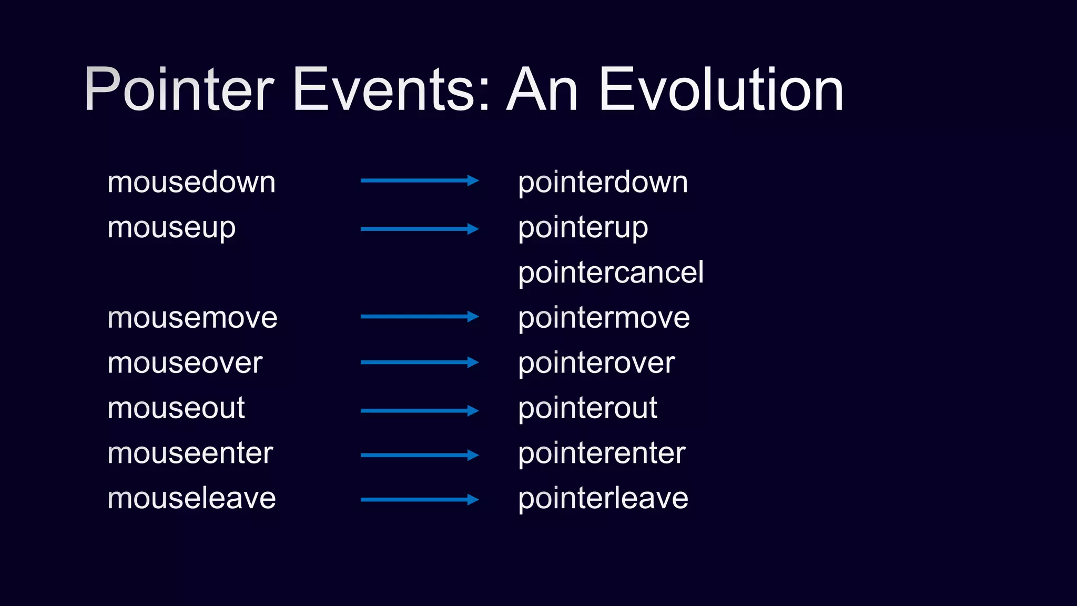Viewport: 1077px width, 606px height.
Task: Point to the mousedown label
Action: click(191, 183)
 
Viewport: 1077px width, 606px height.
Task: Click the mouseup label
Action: click(171, 228)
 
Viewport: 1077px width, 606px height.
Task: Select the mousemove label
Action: click(192, 318)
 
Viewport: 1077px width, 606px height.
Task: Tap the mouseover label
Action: click(185, 363)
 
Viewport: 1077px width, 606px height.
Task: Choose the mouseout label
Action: click(176, 408)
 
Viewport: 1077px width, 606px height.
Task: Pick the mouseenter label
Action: click(190, 453)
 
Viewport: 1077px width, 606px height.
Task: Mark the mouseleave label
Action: click(191, 498)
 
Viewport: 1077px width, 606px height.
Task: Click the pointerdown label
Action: click(603, 183)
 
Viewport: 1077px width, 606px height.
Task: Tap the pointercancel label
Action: click(611, 272)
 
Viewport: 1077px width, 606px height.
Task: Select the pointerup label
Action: click(583, 228)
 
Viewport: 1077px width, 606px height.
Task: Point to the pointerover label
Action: click(596, 363)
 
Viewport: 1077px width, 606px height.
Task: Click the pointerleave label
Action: click(603, 498)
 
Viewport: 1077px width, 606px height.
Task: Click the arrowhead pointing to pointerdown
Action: click(473, 181)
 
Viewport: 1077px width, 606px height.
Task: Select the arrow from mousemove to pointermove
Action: click(419, 317)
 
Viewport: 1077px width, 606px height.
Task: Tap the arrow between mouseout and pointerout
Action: click(419, 410)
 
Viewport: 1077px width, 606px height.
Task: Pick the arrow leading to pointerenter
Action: click(419, 455)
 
